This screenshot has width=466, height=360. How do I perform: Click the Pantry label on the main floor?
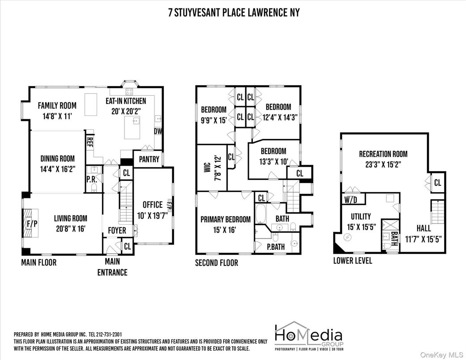coord(149,159)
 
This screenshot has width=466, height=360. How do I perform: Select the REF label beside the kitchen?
coord(89,143)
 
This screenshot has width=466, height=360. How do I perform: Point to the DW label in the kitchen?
coord(158,131)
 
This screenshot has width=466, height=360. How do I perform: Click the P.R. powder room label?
coord(90,180)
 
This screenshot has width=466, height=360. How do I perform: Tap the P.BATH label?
coord(276,247)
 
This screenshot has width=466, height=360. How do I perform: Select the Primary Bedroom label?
coord(226,219)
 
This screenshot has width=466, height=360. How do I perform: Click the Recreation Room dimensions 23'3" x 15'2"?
coord(383,164)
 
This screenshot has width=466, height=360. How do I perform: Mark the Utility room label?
coord(360,216)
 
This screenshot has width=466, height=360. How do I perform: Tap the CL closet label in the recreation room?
coord(437,183)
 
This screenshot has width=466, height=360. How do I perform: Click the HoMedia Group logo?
coord(308,336)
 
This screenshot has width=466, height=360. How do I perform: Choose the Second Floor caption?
coord(216,263)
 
